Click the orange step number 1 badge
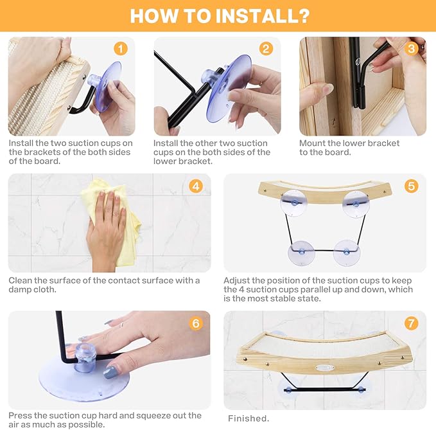(x=121, y=49)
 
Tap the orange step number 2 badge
(x=266, y=49)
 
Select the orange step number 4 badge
(x=196, y=186)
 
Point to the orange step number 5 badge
(x=411, y=186)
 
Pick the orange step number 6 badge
(x=196, y=323)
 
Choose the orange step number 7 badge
(x=411, y=323)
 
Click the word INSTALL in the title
(x=253, y=16)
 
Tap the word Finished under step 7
(x=249, y=418)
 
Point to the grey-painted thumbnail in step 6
(x=110, y=372)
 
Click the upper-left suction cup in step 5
(x=294, y=203)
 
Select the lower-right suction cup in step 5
(x=347, y=253)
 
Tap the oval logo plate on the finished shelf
(x=325, y=368)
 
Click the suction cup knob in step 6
(x=85, y=357)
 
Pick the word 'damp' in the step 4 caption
(x=20, y=290)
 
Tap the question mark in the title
(x=303, y=16)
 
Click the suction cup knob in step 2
(x=211, y=76)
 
